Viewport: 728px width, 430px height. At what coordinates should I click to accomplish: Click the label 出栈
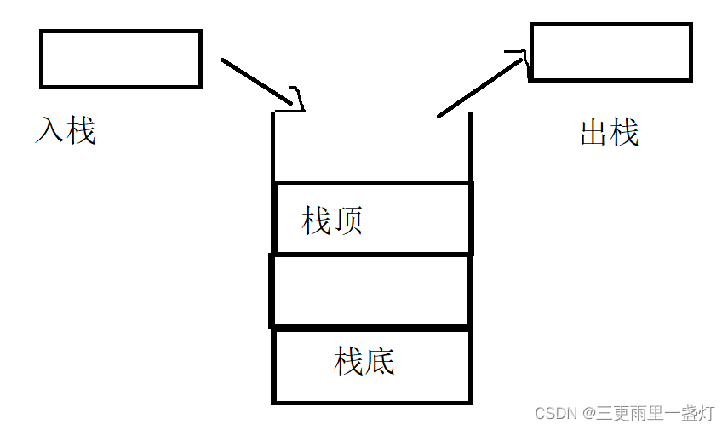point(609,133)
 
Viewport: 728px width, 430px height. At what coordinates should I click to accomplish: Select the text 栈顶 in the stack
point(333,221)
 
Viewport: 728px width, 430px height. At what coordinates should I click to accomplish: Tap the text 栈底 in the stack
point(365,361)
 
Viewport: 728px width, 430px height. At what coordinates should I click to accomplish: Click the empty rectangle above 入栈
point(120,59)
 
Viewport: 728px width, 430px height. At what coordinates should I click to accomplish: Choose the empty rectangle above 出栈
point(610,52)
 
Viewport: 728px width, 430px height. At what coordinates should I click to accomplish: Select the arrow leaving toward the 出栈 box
point(477,87)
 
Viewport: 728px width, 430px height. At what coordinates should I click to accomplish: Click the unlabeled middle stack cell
point(370,290)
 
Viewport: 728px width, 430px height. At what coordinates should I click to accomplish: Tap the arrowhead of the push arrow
point(295,98)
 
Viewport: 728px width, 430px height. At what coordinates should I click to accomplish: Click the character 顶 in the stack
point(348,221)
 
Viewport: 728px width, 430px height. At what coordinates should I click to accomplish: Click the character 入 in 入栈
point(50,131)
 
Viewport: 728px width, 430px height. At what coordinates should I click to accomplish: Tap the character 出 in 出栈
point(593,133)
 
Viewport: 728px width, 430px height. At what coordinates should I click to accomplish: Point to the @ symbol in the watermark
point(588,414)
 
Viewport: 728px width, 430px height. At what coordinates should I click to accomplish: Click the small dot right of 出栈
point(651,152)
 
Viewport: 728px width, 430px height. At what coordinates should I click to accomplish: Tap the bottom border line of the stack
point(371,401)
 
